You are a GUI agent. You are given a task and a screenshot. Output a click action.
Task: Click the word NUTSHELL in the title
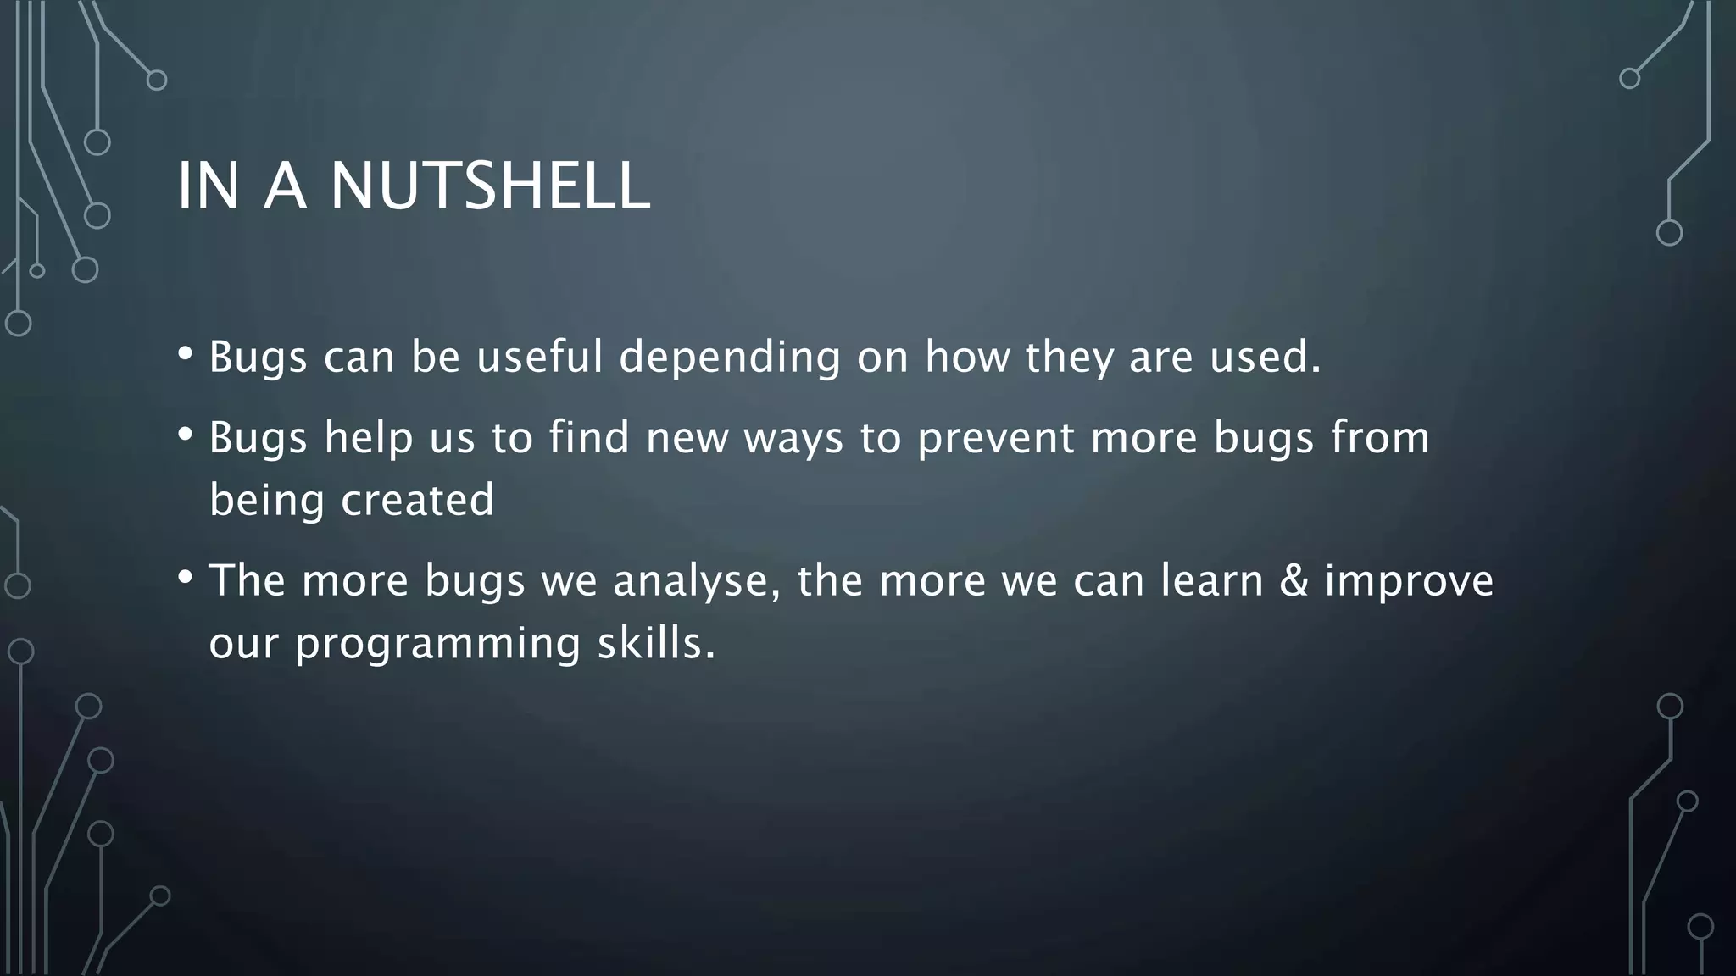(x=490, y=186)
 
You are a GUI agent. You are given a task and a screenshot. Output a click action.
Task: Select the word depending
(x=729, y=358)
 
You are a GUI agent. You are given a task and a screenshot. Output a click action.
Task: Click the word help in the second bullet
(x=369, y=439)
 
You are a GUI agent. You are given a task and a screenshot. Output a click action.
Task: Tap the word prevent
(x=996, y=439)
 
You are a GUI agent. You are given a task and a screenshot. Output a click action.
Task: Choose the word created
(x=417, y=500)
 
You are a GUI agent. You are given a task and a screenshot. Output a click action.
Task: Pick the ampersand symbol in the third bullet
(x=1294, y=580)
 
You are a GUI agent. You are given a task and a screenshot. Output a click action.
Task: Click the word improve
(x=1409, y=582)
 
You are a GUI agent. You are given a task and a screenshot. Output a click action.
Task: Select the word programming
(x=437, y=644)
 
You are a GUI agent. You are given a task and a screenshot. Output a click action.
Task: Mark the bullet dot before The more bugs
(x=186, y=579)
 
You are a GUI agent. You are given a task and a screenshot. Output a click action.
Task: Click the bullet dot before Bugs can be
(x=186, y=353)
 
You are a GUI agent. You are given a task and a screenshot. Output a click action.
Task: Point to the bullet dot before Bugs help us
(x=186, y=435)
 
